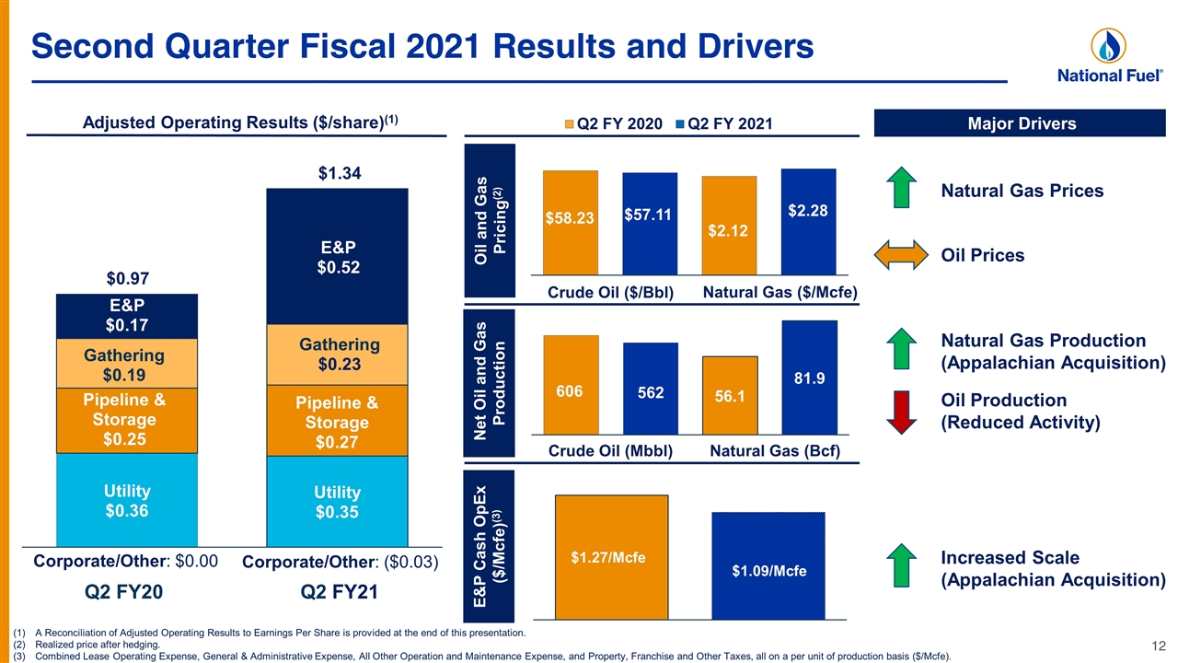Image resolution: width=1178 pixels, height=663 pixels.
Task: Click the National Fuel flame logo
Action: point(1108,46)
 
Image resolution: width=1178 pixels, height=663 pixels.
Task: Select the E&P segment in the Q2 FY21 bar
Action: point(337,256)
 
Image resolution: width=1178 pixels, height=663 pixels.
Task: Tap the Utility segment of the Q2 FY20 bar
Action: point(127,500)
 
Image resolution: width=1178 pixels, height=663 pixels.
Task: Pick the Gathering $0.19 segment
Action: point(127,364)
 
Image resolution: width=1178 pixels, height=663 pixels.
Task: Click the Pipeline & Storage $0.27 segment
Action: point(337,421)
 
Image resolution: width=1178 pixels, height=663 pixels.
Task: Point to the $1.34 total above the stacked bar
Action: point(340,173)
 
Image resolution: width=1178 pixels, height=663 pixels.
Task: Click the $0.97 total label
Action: point(128,278)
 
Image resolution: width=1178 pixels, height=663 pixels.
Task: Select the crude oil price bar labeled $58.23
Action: point(571,222)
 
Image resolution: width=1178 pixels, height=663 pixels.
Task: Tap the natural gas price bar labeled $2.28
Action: point(809,222)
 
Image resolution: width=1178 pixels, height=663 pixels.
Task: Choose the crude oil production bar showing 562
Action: point(651,389)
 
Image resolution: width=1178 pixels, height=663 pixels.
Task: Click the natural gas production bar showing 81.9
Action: point(810,378)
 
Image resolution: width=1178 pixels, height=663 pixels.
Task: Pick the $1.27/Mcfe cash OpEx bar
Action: point(612,557)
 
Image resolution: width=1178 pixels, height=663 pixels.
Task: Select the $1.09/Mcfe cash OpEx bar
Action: point(768,565)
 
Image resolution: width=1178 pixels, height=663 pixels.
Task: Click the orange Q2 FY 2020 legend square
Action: point(569,124)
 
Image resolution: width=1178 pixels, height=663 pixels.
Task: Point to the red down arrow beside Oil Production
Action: point(901,412)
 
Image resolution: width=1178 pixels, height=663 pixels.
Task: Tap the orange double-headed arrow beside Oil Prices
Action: point(901,255)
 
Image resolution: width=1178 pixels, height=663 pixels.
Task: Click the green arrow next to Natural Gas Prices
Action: point(901,187)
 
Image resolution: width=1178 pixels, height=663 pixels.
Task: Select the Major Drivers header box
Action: point(1020,123)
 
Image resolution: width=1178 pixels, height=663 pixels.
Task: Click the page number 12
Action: point(1159,646)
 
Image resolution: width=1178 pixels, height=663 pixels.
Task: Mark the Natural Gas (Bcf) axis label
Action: point(775,451)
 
